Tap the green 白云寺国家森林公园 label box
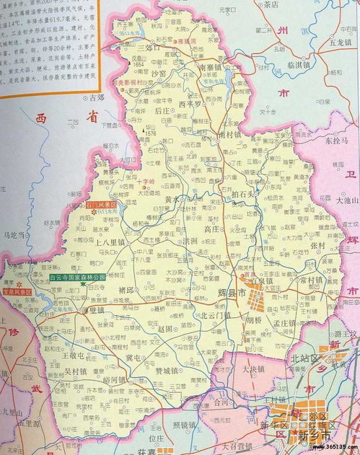tap(77, 276)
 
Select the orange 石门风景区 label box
tap(100, 206)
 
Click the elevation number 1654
tap(141, 65)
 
